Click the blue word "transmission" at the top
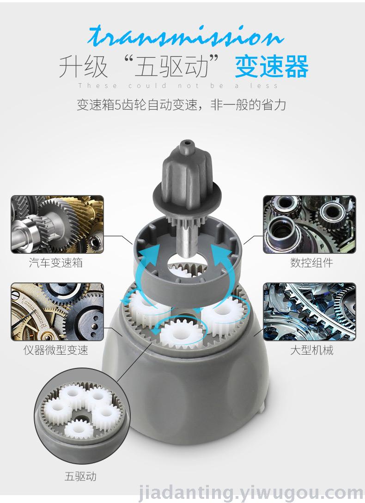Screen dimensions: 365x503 click(x=186, y=36)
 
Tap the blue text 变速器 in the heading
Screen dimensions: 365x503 click(x=272, y=67)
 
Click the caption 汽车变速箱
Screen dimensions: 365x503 click(x=56, y=263)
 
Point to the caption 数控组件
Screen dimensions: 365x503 click(x=311, y=263)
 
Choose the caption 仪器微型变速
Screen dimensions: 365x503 click(x=56, y=350)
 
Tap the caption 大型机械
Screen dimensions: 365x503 click(x=311, y=350)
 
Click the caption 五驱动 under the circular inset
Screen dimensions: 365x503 click(x=80, y=476)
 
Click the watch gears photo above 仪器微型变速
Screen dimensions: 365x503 click(x=57, y=312)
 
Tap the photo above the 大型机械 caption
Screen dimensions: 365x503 click(x=310, y=312)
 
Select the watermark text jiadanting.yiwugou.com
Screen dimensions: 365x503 click(x=251, y=492)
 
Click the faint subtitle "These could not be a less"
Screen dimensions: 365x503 click(x=178, y=86)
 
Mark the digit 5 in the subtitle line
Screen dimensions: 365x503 click(x=117, y=105)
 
